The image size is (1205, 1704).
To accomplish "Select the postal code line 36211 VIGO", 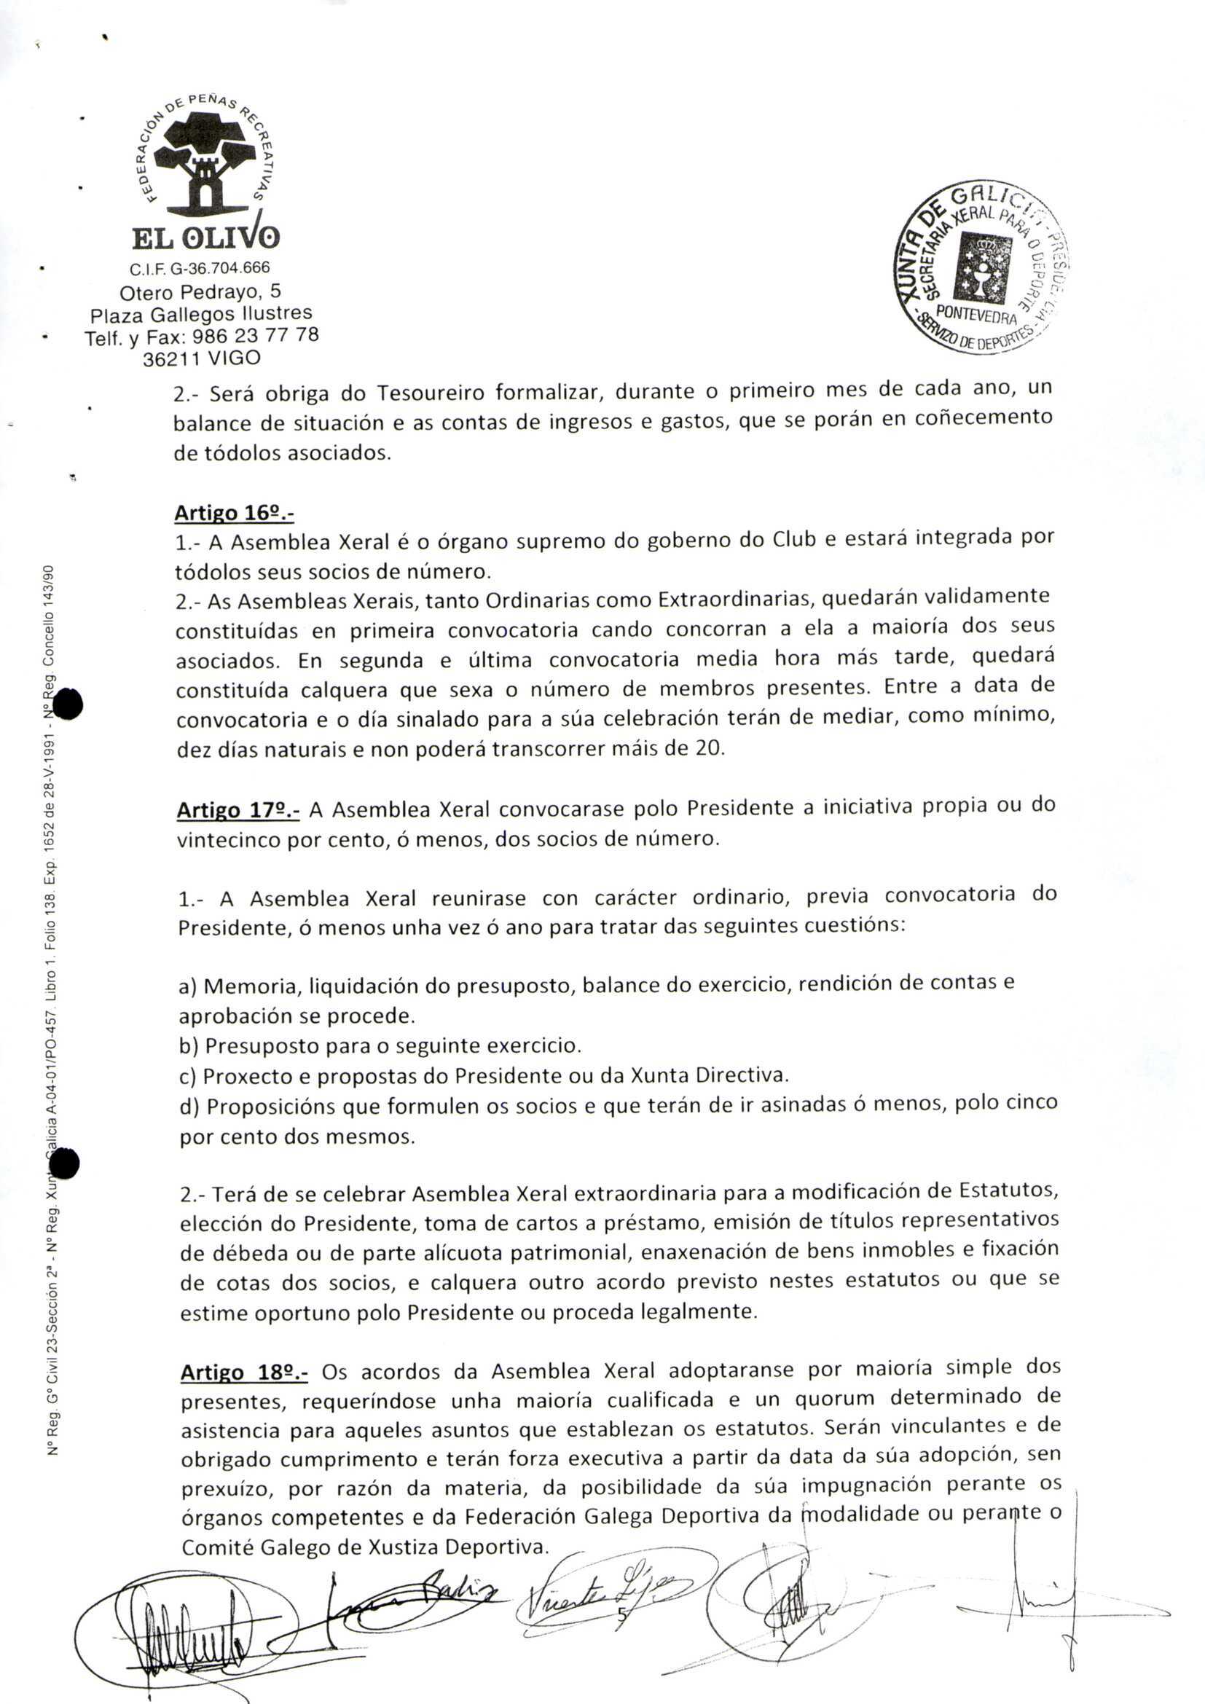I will [x=201, y=359].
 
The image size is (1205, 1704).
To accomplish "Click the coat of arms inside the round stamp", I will [x=985, y=268].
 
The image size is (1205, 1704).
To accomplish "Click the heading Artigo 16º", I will [x=235, y=513].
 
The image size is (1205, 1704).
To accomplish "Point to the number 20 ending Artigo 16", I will [x=711, y=748].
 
